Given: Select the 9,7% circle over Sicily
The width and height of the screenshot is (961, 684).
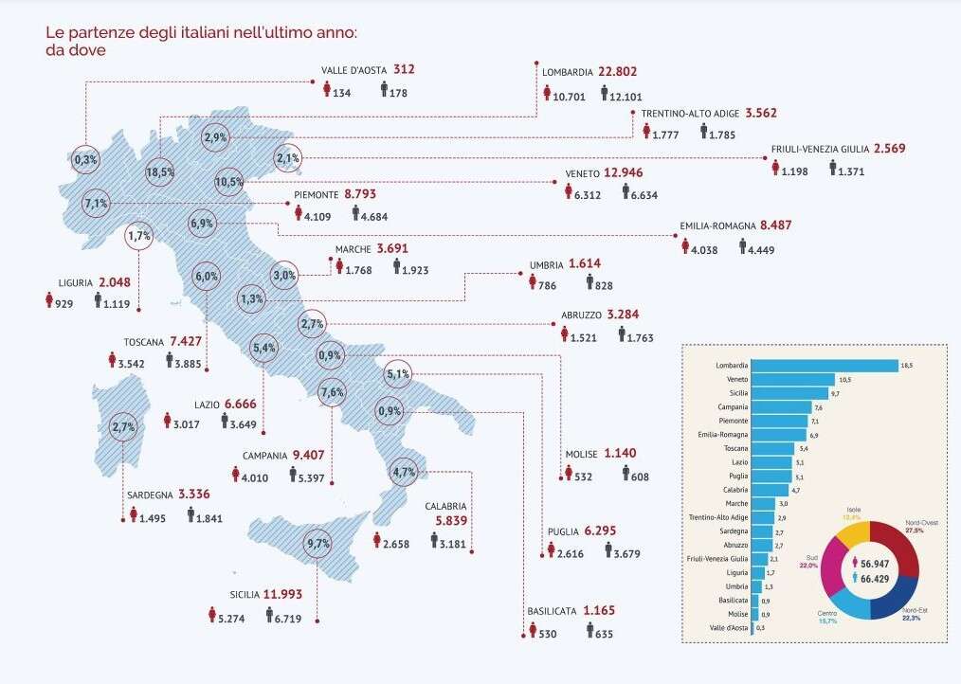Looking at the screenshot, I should (318, 544).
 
